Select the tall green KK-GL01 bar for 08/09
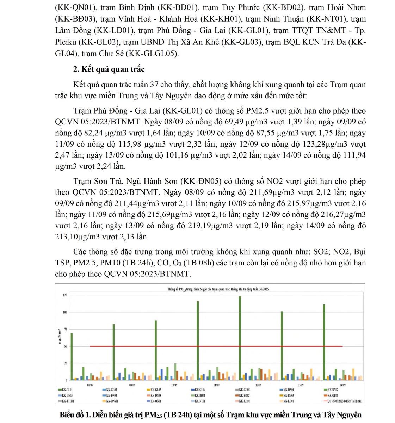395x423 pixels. coord(72,356)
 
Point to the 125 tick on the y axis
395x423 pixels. coord(64,295)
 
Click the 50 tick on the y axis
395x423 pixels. coord(65,346)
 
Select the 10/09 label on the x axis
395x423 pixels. coord(174,385)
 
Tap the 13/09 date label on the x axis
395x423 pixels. coord(300,385)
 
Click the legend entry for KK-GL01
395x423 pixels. coord(67,390)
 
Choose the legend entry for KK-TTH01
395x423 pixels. coord(68,401)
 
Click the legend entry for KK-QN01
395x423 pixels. coord(156,401)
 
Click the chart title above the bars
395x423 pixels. coord(218,289)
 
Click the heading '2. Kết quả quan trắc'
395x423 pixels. coord(109,69)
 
